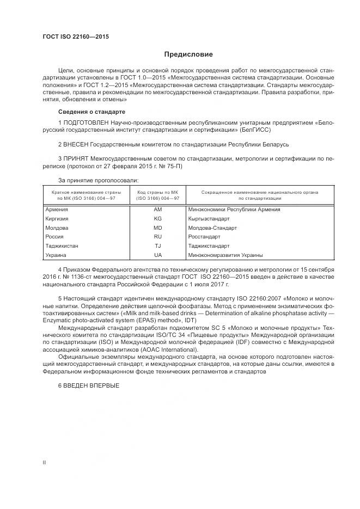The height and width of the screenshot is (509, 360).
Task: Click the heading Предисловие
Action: click(189, 54)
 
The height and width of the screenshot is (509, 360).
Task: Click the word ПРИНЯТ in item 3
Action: click(76, 158)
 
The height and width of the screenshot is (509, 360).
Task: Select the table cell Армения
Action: click(57, 209)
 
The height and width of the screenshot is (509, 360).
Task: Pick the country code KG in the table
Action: click(158, 218)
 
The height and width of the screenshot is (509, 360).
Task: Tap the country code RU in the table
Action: click(158, 237)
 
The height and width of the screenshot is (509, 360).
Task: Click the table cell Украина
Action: click(56, 255)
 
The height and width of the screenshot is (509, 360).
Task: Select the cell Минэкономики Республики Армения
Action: click(234, 209)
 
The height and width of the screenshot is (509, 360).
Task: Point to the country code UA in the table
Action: click(158, 255)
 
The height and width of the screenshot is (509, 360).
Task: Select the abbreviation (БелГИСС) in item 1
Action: click(255, 131)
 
